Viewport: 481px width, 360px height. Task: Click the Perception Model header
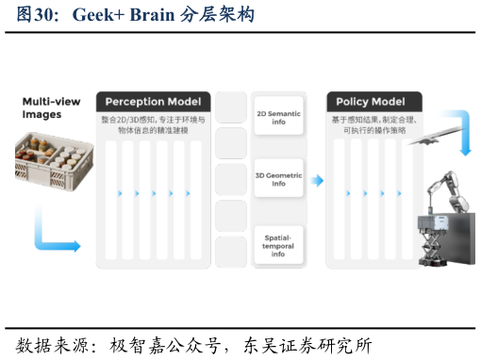pyautogui.click(x=153, y=102)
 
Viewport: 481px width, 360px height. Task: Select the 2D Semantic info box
pyautogui.click(x=278, y=116)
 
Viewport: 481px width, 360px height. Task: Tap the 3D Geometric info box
pyautogui.click(x=278, y=178)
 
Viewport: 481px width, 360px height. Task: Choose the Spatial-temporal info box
pyautogui.click(x=278, y=244)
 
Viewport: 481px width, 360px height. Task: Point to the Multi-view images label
pyautogui.click(x=51, y=107)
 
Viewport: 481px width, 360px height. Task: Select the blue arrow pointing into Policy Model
pyautogui.click(x=317, y=180)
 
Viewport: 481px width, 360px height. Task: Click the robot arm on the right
pyautogui.click(x=443, y=193)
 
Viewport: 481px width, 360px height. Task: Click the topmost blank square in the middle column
pyautogui.click(x=231, y=107)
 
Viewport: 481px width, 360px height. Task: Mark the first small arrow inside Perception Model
pyautogui.click(x=120, y=193)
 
